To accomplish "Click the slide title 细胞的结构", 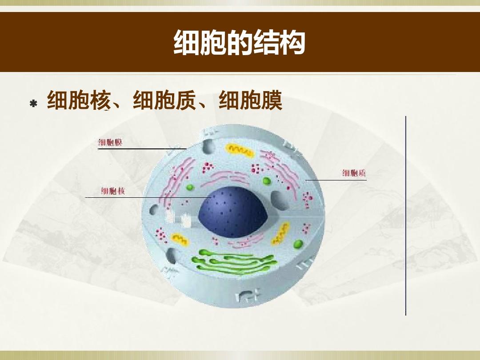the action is click(240, 42).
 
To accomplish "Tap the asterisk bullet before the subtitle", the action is click(33, 104).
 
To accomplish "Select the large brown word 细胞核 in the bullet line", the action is click(78, 100).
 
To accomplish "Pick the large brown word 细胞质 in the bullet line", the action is click(164, 100).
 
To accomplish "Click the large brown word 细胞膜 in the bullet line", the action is click(250, 100).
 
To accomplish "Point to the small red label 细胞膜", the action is click(110, 142).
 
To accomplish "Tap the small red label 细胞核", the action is click(113, 191).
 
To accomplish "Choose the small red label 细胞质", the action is click(354, 173).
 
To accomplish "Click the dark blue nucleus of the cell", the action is click(233, 212).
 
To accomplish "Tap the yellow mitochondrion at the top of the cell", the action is click(240, 150).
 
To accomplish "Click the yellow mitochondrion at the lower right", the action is click(280, 234).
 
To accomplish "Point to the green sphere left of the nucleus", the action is click(190, 188).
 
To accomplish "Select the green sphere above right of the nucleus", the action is click(267, 181).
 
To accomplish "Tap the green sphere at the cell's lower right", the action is click(298, 244).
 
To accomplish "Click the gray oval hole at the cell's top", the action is click(208, 146).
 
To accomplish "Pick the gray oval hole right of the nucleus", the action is click(279, 201).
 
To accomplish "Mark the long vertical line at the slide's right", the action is click(406, 216).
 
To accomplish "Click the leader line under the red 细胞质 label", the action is click(336, 180).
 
